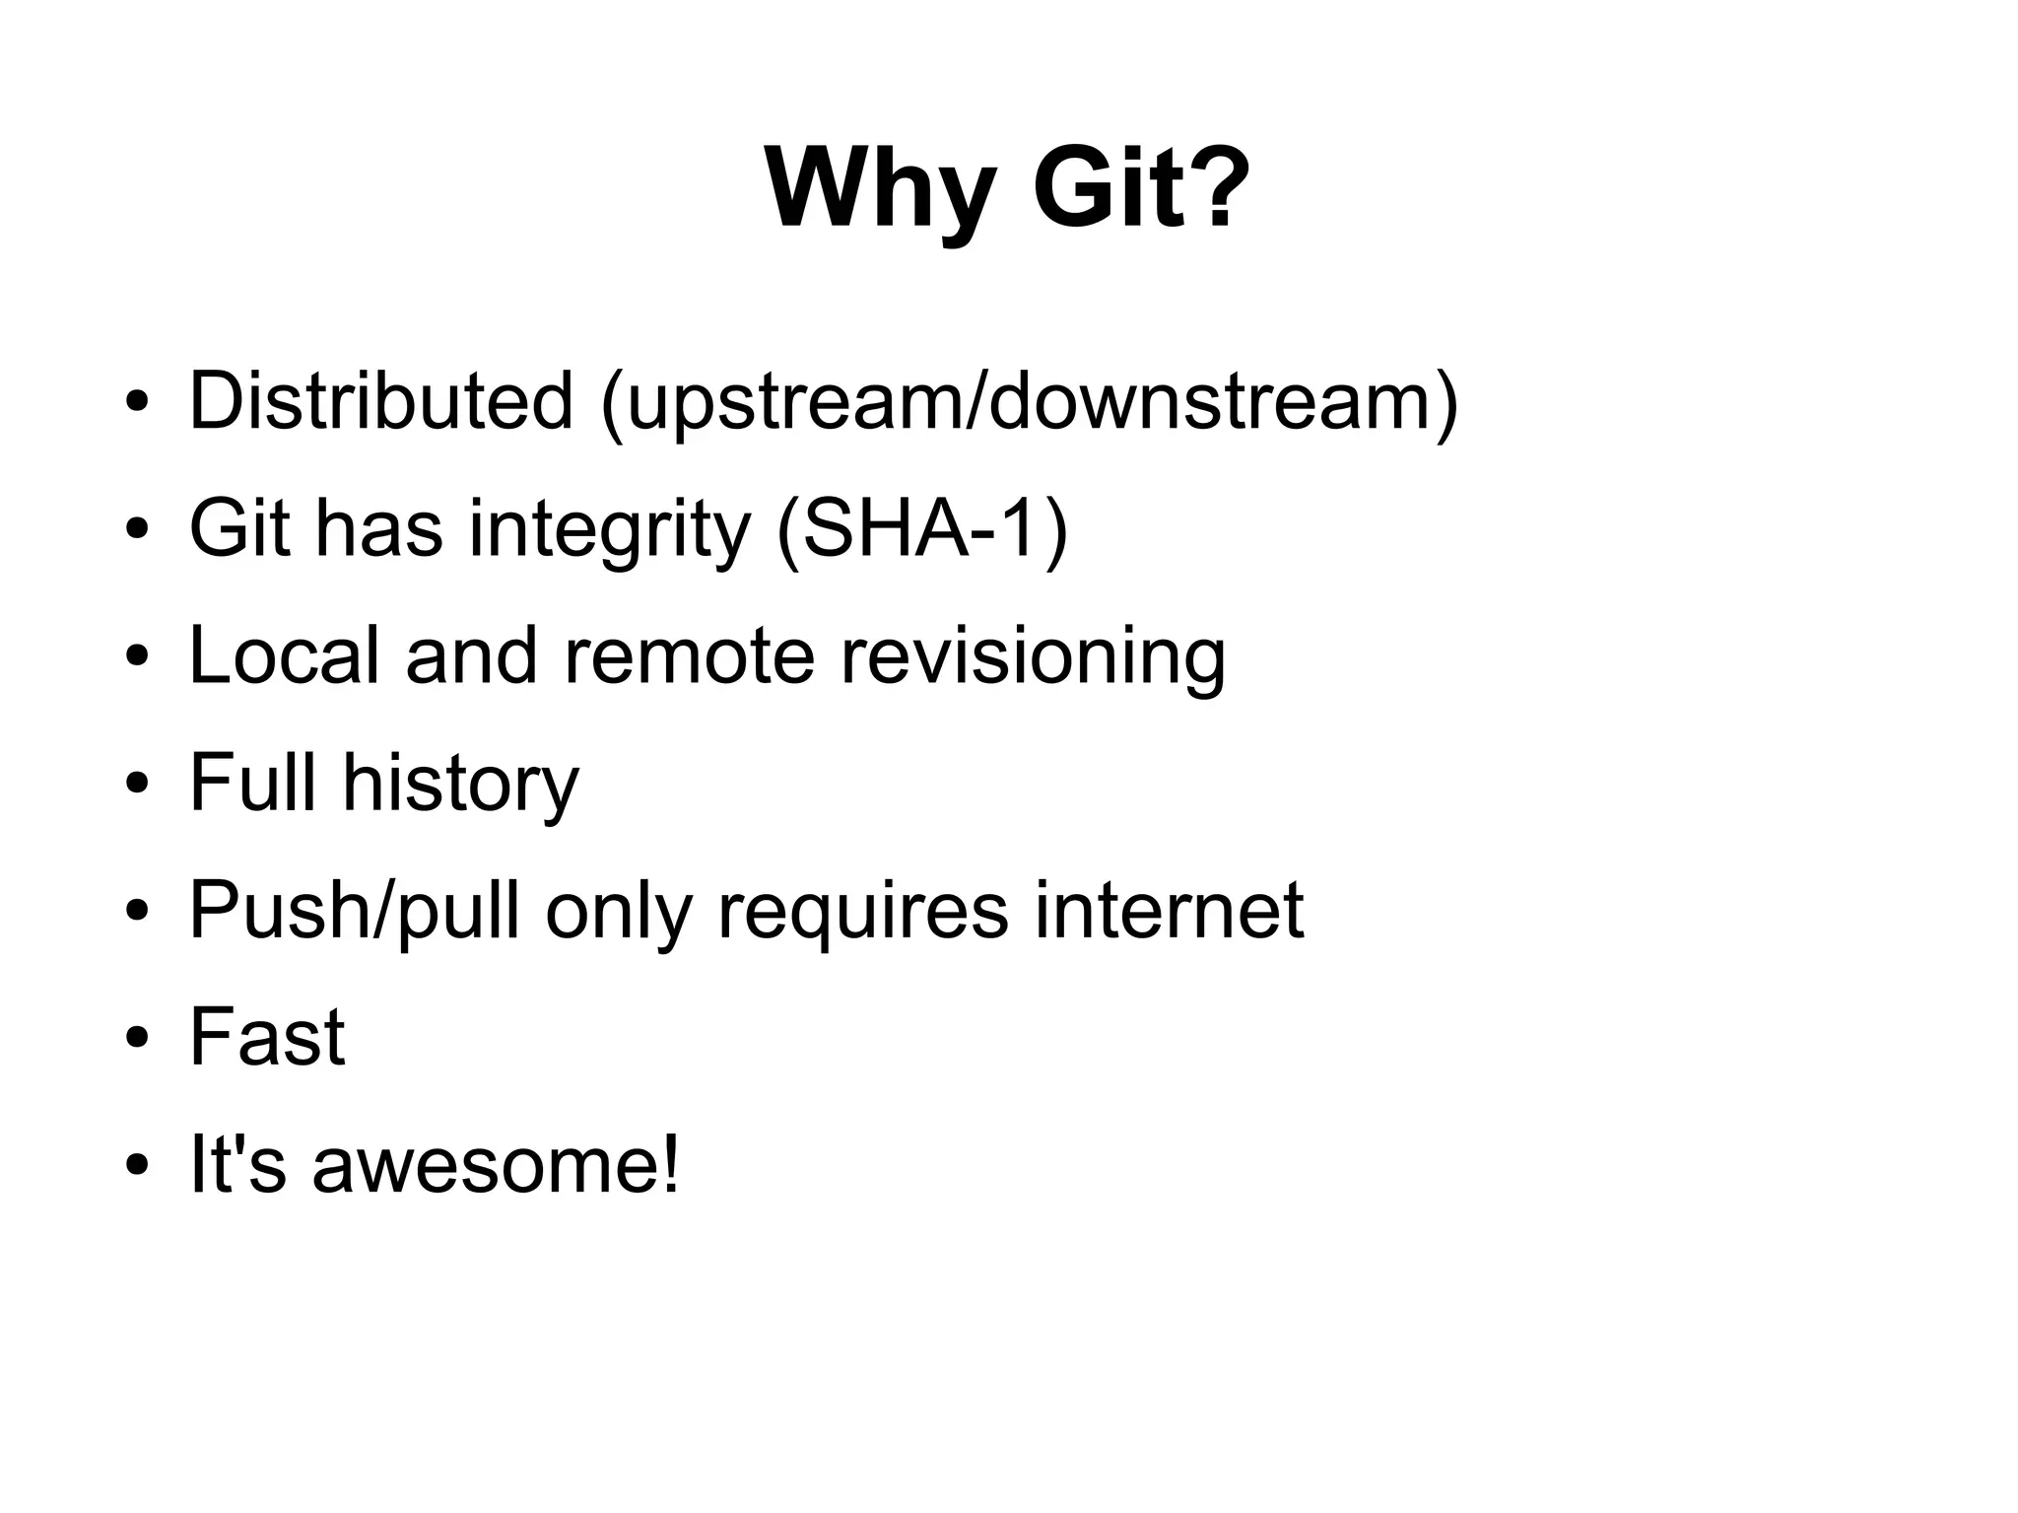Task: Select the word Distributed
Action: [380, 401]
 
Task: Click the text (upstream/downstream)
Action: [1029, 403]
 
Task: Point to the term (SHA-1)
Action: [922, 529]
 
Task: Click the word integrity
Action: [609, 531]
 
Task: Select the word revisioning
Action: [1033, 657]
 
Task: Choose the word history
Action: [460, 785]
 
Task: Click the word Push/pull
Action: [354, 912]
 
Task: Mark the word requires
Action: [862, 912]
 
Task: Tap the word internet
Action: [1169, 910]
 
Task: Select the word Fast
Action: [267, 1037]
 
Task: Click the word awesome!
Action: [496, 1164]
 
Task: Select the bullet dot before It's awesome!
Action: [137, 1166]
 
